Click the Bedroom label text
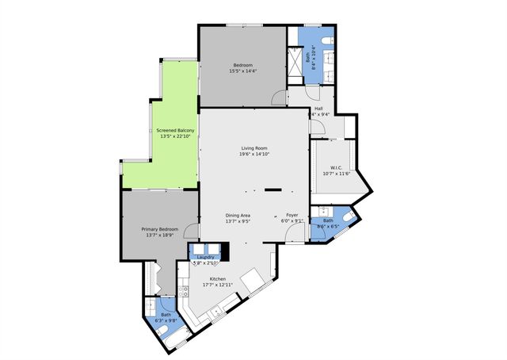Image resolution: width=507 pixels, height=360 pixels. coord(242,65)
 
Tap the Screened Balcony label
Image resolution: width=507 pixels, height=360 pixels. coord(175,130)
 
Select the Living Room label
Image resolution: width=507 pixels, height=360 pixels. coord(254,148)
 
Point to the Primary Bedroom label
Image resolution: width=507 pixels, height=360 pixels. coord(160,229)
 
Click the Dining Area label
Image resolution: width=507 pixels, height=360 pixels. coord(238,216)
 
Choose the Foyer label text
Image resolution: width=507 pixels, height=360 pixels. coord(292,216)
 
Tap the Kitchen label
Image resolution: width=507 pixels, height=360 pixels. coord(218,279)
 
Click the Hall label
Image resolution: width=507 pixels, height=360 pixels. coord(318,109)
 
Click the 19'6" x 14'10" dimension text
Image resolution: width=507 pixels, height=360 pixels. coord(254,155)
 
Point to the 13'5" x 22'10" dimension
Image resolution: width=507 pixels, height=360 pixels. coord(175,136)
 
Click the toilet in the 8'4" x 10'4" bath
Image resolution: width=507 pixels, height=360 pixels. coord(326,40)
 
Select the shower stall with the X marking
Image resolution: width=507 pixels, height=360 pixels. coord(295,60)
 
